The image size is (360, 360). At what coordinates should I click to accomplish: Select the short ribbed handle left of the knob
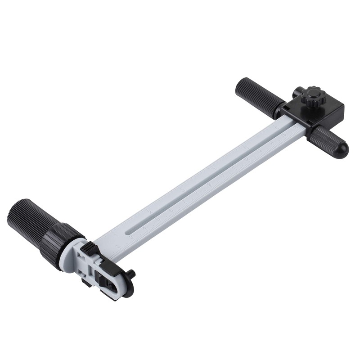[254, 95]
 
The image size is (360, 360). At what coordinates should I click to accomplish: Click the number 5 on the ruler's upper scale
[246, 147]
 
